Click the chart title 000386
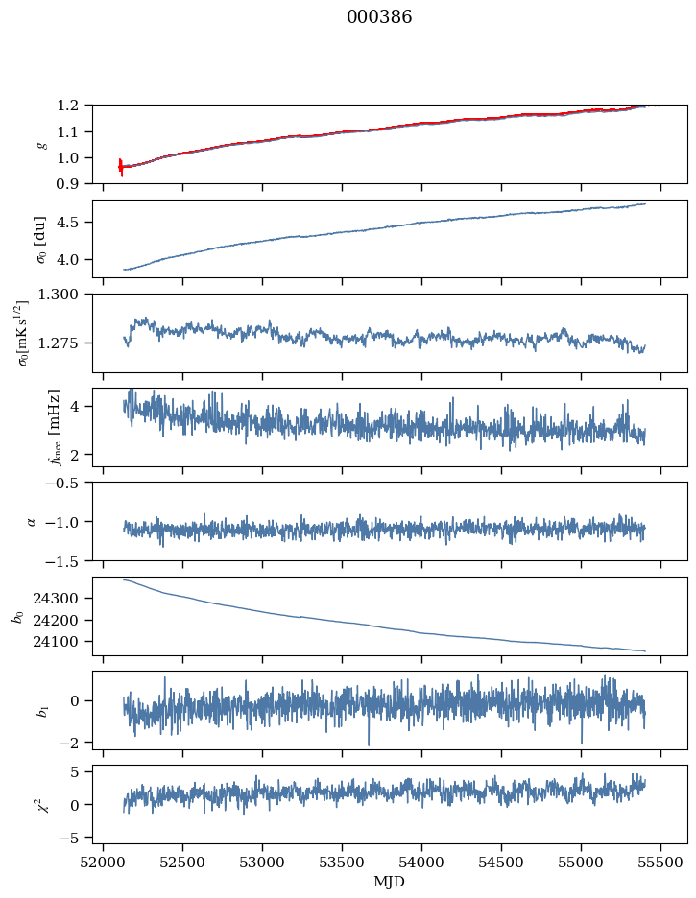[379, 16]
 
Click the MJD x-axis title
[389, 882]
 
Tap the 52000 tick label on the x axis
[103, 863]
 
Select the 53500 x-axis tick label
[342, 863]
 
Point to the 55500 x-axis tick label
[660, 863]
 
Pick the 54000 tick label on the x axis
[421, 863]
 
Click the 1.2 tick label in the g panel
[67, 106]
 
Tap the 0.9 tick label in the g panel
[67, 184]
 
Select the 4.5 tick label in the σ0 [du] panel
[67, 223]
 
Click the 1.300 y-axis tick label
[58, 295]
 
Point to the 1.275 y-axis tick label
[58, 343]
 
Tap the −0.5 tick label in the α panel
[61, 483]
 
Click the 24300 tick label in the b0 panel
[56, 599]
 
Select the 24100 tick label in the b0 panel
[56, 642]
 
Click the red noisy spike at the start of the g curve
[121, 167]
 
